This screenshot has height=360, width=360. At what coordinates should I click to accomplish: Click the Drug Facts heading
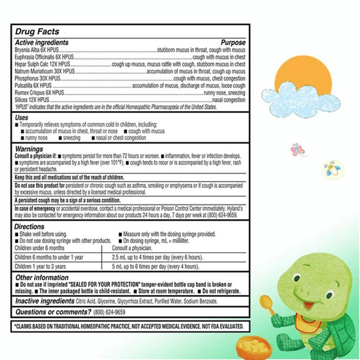tap(37, 32)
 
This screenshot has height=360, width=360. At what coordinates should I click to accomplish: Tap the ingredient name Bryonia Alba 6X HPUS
tap(37, 50)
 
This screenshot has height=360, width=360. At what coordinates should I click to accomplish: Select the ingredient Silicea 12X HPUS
tap(32, 100)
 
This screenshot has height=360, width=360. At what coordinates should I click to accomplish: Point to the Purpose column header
tap(233, 42)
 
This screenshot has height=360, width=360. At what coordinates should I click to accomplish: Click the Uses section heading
tap(22, 118)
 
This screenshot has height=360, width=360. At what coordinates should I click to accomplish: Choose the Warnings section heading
tap(29, 149)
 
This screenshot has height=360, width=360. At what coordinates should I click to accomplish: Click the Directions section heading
tap(30, 226)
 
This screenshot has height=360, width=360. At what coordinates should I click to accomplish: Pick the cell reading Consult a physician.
tap(132, 248)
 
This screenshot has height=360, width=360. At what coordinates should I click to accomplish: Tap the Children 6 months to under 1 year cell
tap(49, 257)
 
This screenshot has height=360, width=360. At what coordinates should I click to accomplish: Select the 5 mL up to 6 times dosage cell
tap(156, 267)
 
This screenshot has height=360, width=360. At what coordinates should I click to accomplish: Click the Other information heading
tap(42, 278)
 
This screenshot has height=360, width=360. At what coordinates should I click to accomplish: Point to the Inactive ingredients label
tap(45, 301)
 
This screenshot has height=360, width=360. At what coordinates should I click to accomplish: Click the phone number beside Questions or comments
tap(109, 312)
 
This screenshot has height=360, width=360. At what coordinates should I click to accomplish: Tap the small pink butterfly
tap(297, 150)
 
